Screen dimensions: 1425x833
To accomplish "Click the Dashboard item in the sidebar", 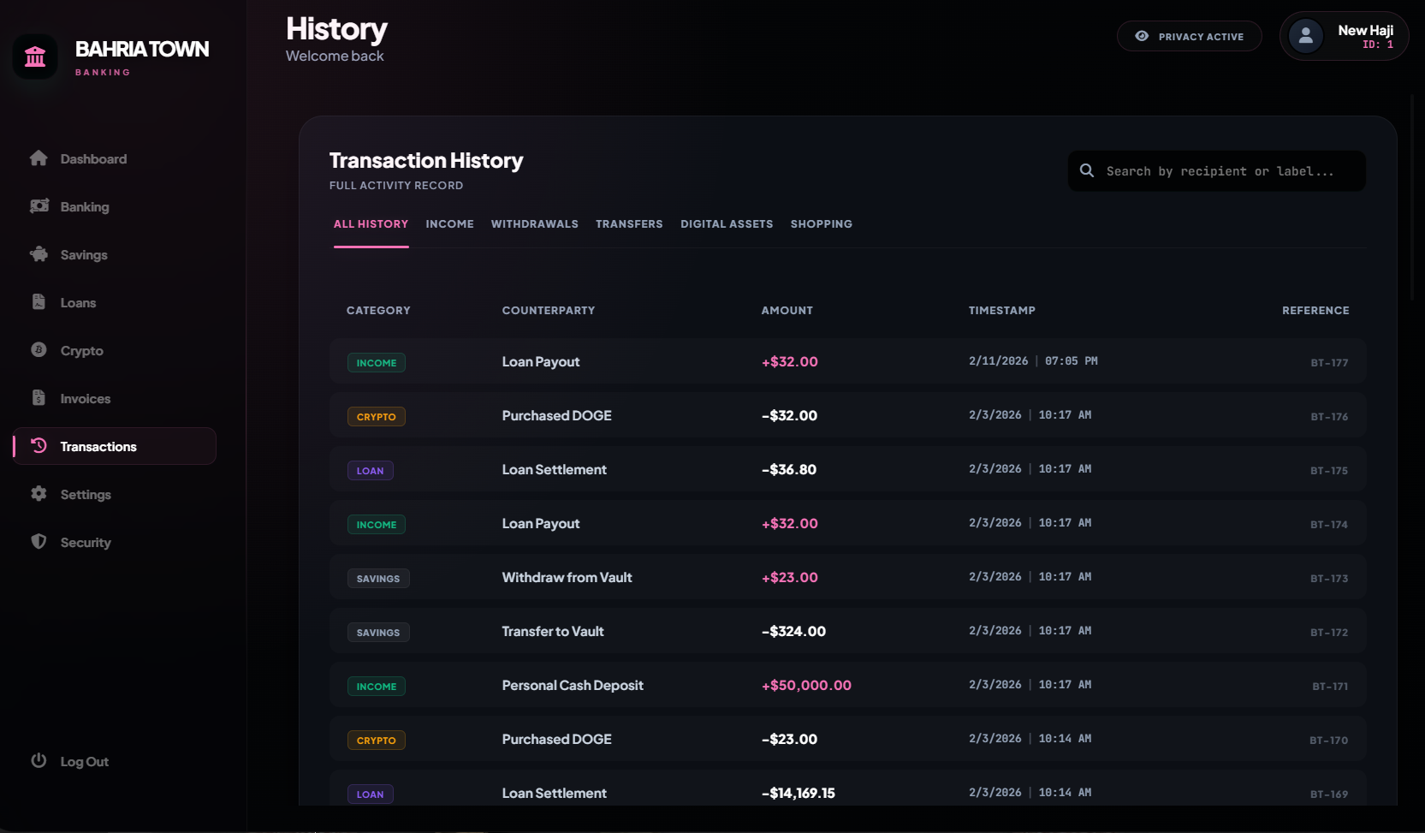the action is tap(93, 158).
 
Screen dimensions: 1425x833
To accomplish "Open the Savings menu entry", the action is tap(83, 254).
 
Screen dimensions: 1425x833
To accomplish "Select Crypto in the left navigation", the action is tap(81, 351).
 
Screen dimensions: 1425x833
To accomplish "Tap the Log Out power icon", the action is tap(39, 760).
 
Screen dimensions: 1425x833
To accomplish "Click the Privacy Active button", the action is tap(1189, 36).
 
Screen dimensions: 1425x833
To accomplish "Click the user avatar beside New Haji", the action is tap(1305, 36).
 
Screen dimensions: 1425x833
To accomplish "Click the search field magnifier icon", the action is tap(1087, 170).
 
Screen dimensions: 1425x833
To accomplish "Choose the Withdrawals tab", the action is tap(534, 224).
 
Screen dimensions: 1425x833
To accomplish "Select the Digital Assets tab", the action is tap(727, 224).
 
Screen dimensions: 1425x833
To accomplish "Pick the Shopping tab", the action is tap(822, 224).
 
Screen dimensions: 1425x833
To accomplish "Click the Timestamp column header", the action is tap(1002, 311).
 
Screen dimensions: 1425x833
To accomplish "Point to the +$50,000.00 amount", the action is tap(806, 686).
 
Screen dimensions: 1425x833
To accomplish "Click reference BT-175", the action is tap(1329, 471).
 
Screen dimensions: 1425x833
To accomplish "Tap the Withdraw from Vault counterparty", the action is tap(567, 577).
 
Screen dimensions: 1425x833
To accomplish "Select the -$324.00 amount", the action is tap(793, 631).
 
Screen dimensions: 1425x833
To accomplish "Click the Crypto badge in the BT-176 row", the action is tap(376, 417).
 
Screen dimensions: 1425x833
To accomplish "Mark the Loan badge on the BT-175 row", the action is tap(371, 471).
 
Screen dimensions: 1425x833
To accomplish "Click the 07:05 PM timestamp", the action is tap(1072, 360).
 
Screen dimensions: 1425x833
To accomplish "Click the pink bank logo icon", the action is tap(35, 57).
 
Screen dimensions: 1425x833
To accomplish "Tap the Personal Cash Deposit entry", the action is tap(573, 686).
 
